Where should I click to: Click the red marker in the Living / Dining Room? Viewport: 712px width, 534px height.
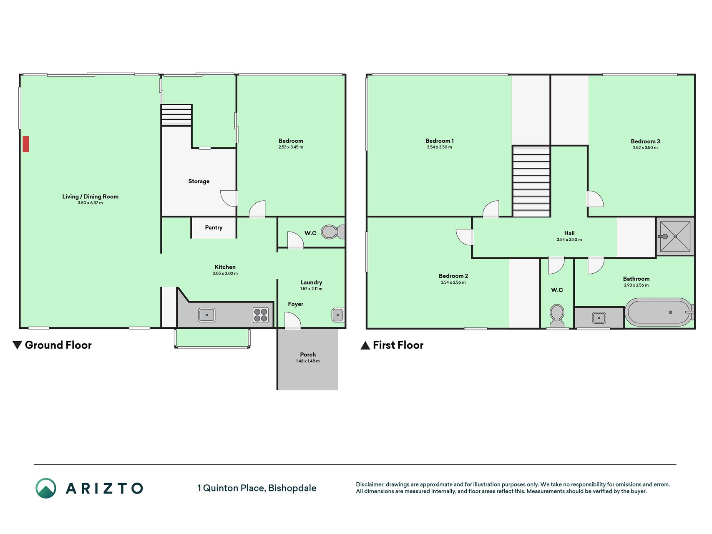tap(26, 144)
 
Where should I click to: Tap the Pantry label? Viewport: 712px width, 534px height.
tap(214, 227)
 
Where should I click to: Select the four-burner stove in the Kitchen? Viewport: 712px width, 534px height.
tap(261, 315)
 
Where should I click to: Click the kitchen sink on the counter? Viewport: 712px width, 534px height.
tap(207, 315)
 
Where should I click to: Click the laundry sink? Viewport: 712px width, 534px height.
tap(338, 315)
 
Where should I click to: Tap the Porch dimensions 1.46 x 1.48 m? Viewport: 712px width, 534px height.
tap(308, 361)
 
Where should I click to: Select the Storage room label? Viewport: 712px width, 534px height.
tap(199, 181)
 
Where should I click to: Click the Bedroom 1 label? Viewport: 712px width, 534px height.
tap(440, 141)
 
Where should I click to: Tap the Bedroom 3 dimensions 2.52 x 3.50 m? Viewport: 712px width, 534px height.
tap(645, 147)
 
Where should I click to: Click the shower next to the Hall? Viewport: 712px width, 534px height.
tap(675, 236)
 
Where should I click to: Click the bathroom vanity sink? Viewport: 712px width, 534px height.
tap(599, 318)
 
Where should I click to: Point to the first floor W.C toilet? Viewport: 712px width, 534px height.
tap(557, 316)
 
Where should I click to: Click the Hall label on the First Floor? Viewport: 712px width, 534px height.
tap(569, 233)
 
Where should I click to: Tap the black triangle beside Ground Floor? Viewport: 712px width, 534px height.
tap(17, 345)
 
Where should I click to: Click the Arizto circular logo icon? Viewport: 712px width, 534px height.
tap(46, 488)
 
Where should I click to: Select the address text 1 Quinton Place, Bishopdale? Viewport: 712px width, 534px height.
tap(257, 488)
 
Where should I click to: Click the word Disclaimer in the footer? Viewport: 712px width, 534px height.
tap(370, 484)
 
